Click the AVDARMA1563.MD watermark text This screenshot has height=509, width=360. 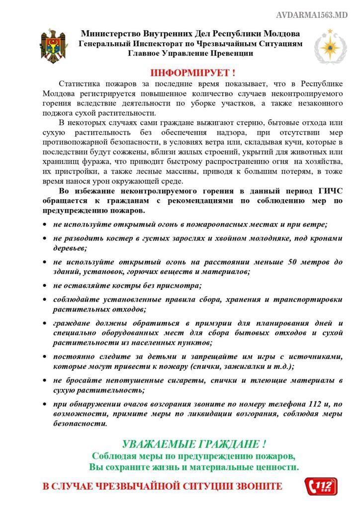click(x=312, y=15)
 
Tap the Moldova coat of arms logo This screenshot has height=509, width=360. click(x=54, y=43)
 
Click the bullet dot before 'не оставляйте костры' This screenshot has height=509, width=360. click(x=45, y=286)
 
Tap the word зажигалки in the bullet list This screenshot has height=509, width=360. click(x=244, y=366)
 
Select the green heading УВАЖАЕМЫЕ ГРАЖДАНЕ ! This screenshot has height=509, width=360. click(x=194, y=444)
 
